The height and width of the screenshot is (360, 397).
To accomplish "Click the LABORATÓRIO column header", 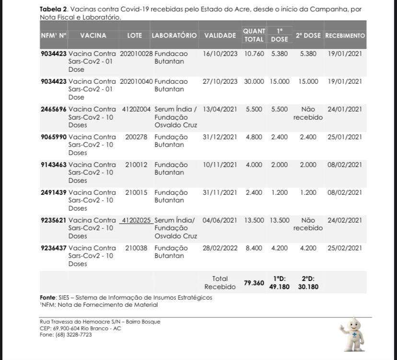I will coord(174,35).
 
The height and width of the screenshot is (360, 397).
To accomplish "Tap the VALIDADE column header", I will coord(220,35).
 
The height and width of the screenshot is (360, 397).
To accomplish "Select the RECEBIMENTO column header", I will coord(345,35).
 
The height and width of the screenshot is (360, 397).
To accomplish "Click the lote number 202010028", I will coord(136,54).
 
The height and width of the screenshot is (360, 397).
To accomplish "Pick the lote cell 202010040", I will coord(136,81).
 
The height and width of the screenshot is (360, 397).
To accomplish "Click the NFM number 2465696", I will coord(54,109).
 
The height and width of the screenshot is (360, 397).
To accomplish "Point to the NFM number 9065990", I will coord(54,137).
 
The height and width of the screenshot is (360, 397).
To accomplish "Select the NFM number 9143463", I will coord(54,165).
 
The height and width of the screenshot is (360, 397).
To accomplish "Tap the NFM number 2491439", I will coord(54,192).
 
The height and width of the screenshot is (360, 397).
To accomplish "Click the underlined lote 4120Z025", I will coord(136,220).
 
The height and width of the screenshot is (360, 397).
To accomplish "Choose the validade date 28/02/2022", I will coord(220,248).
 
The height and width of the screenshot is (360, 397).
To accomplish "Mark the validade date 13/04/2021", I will coord(220,109).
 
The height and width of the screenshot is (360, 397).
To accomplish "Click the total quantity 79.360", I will coord(254,283).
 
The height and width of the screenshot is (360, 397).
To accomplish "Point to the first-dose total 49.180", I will coord(280,287).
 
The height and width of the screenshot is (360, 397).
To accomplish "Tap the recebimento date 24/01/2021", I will coord(345,109).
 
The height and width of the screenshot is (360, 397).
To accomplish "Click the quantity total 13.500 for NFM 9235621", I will coord(254,220).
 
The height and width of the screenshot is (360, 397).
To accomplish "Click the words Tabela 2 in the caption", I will coord(54,9).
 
